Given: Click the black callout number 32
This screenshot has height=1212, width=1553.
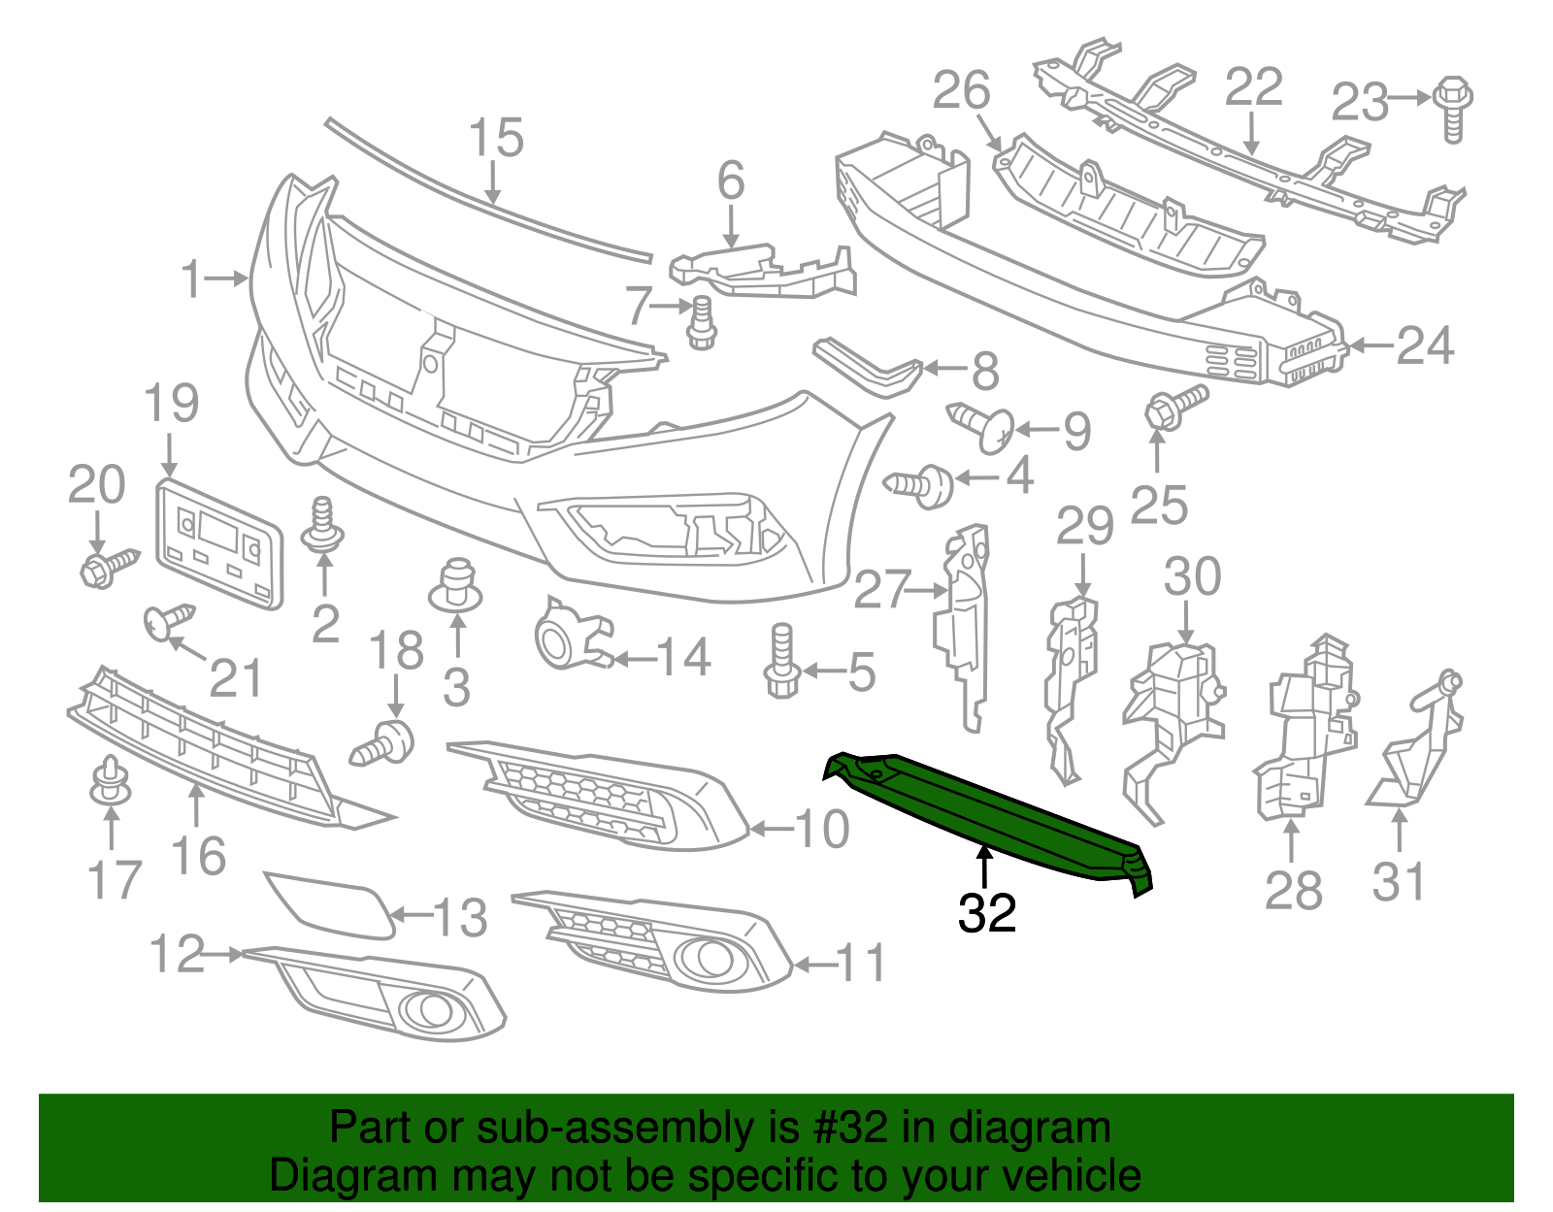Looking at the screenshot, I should (x=986, y=913).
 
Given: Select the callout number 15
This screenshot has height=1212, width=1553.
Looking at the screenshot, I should (x=496, y=139).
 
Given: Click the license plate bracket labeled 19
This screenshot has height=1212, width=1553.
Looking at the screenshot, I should (x=219, y=543).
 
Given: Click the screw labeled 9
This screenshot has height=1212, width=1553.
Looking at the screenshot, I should (x=982, y=427).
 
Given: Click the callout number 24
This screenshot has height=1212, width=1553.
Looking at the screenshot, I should (x=1425, y=345).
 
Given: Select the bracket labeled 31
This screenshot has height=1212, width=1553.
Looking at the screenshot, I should (x=1418, y=747).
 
